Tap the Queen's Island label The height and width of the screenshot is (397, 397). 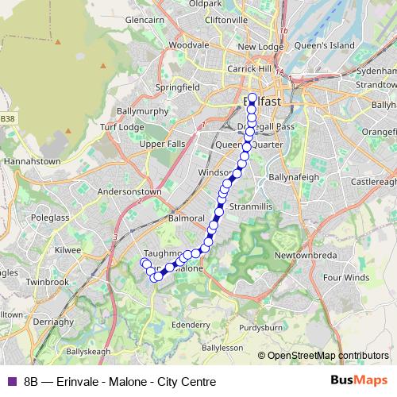coord(324,46)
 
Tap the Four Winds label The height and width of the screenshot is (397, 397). coord(346,278)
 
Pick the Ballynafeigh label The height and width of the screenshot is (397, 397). coord(294,176)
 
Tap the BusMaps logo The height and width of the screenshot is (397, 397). coord(358,381)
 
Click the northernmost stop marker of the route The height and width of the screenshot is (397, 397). coord(252,99)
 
